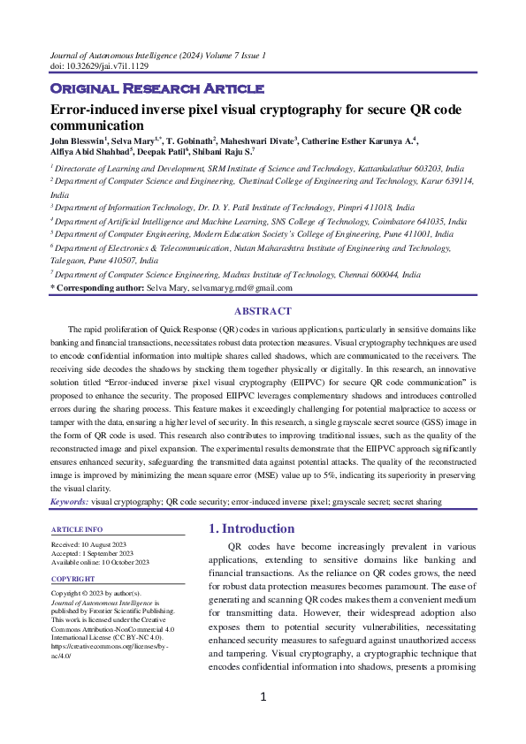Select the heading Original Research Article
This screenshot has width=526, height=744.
(156, 88)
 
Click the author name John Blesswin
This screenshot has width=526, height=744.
(78, 140)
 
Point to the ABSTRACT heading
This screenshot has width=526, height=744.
(263, 311)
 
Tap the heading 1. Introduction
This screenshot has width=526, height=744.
(251, 528)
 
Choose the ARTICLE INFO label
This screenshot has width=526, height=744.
(80, 529)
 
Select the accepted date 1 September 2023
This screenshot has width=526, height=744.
(113, 552)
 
